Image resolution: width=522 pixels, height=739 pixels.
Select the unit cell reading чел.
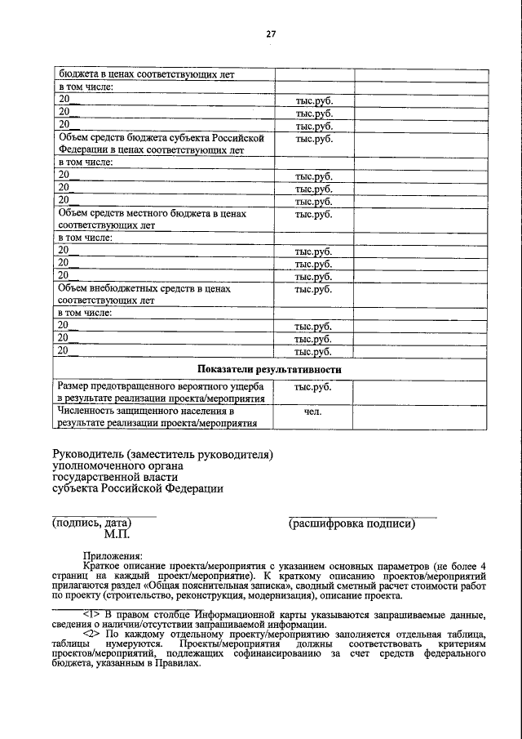tap(313, 412)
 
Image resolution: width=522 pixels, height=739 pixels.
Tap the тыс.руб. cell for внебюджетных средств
tap(313, 289)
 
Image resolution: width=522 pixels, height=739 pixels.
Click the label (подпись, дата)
tap(91, 523)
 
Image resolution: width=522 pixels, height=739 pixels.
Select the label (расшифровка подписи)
tap(352, 523)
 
